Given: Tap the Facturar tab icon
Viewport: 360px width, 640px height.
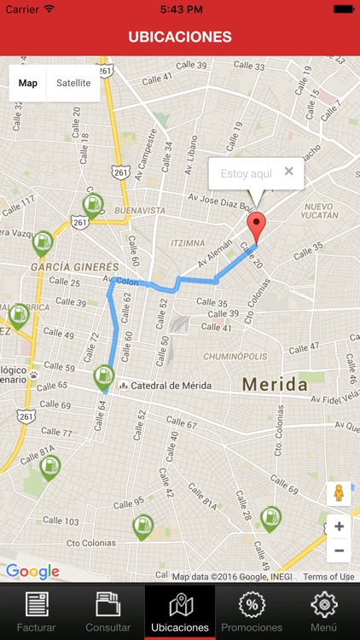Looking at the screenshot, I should tap(36, 604).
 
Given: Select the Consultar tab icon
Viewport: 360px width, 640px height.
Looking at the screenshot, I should tap(107, 604).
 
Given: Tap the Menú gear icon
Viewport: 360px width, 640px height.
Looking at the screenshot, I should tap(323, 604).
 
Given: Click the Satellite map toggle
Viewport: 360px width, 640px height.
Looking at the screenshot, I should tap(73, 83).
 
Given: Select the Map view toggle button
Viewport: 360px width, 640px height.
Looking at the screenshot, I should tap(28, 83).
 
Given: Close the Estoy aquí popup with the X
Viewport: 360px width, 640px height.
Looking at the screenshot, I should tap(288, 172).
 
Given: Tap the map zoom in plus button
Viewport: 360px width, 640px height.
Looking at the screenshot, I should tap(339, 527).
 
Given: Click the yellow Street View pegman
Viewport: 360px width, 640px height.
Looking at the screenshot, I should tap(339, 493).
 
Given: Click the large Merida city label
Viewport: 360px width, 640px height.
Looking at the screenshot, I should tap(274, 385).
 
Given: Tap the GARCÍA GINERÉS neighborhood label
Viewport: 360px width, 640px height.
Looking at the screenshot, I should tap(75, 266).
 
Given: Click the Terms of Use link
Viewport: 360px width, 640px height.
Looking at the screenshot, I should tap(328, 577).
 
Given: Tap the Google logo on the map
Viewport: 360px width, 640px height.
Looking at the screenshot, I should tap(32, 572).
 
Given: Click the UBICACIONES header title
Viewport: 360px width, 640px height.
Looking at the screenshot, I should tap(180, 37).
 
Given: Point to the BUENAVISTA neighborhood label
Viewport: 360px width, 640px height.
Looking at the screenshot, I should tap(141, 210).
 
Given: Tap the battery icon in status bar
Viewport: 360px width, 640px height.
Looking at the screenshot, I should tap(344, 9).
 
